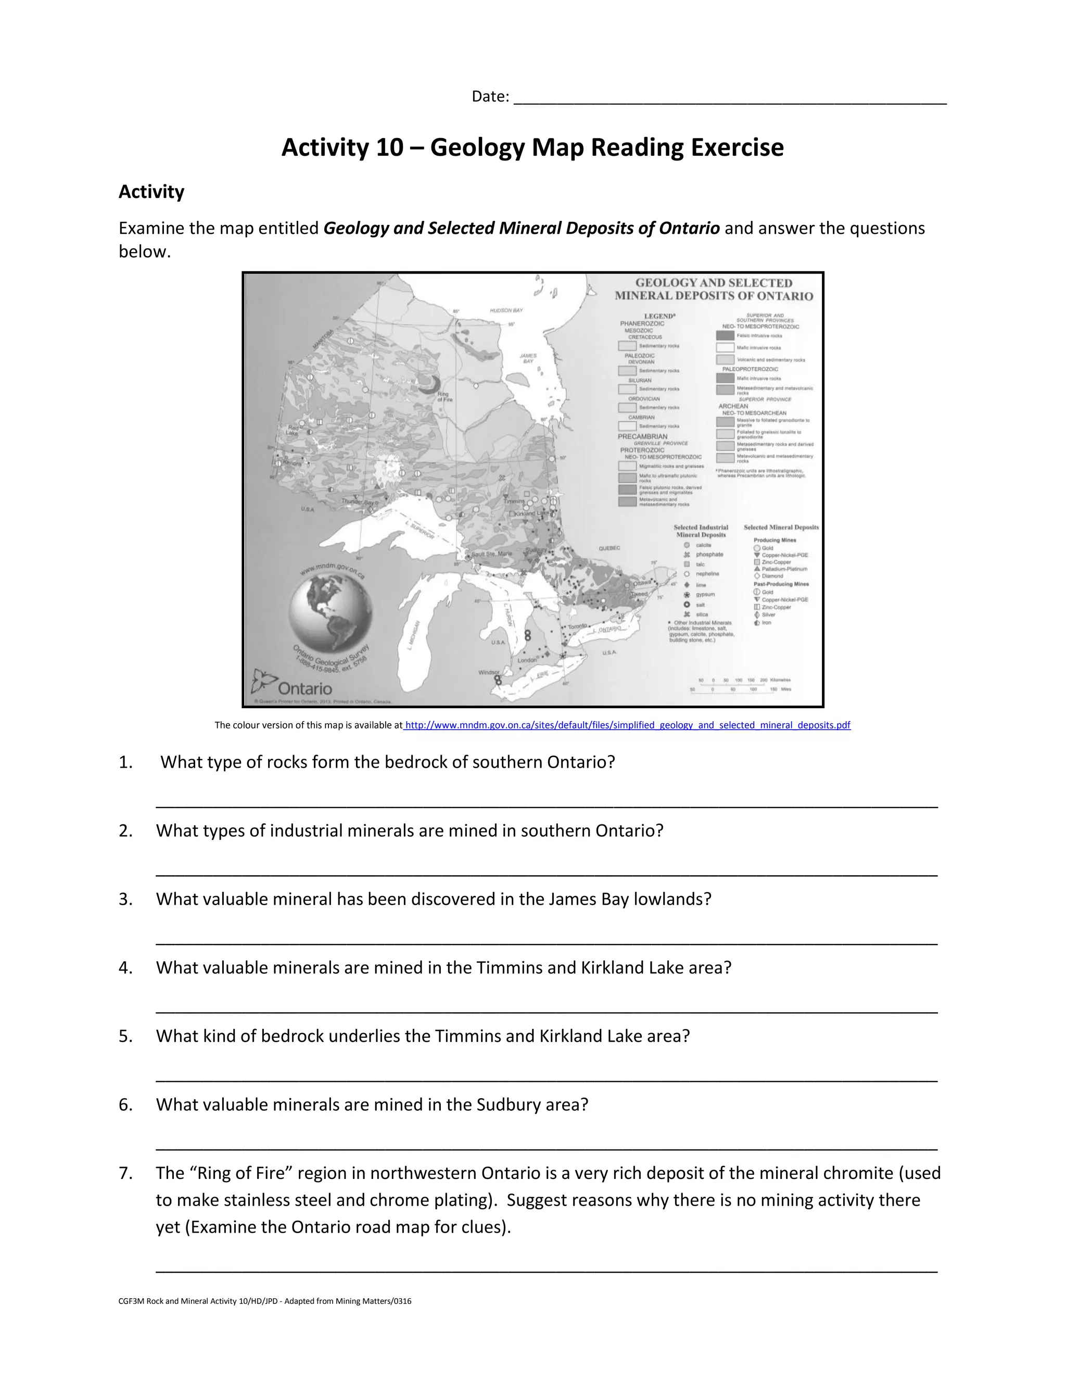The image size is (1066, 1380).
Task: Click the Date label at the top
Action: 489,97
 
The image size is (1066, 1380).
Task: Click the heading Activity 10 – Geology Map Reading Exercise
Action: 532,147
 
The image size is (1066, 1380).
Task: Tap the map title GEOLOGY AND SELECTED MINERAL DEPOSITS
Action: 714,290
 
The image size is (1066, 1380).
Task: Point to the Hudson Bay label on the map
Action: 506,310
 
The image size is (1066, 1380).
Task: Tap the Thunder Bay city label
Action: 358,501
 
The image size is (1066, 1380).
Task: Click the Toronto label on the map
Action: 577,626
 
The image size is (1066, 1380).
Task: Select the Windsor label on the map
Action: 489,672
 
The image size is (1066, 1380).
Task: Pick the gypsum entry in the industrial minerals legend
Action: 705,595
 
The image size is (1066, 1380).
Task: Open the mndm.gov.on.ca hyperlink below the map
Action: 627,725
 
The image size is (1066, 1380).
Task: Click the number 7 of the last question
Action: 125,1173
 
